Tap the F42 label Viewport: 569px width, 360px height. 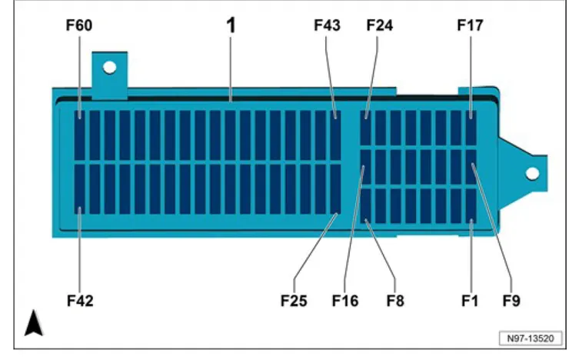click(x=79, y=301)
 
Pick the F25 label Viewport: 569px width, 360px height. click(x=294, y=301)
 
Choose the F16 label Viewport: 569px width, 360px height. click(x=344, y=301)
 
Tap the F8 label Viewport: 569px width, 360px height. click(x=396, y=301)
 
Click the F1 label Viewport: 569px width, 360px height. click(x=470, y=301)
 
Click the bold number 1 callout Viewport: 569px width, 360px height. click(x=230, y=25)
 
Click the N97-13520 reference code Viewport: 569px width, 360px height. click(x=530, y=338)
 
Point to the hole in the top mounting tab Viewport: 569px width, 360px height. click(x=110, y=67)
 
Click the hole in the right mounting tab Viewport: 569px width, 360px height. click(x=531, y=172)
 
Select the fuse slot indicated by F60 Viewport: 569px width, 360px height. click(x=80, y=125)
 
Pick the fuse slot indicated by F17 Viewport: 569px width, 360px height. click(x=471, y=125)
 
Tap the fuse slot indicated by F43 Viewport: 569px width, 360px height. click(x=335, y=125)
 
